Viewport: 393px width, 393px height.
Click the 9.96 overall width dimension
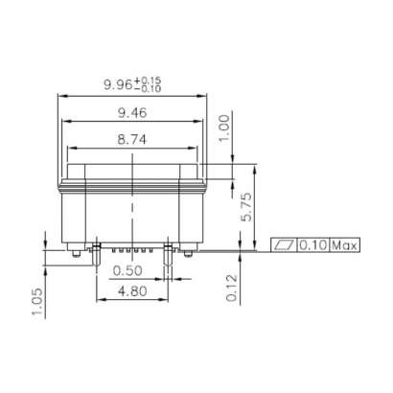point(119,86)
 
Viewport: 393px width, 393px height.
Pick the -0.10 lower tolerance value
point(150,90)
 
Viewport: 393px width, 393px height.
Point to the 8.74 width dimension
point(133,140)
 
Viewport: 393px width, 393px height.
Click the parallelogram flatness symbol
point(284,245)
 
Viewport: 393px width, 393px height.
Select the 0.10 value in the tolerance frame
point(312,245)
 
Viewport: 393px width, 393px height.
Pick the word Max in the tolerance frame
point(345,245)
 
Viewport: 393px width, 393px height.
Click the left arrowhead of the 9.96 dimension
point(62,96)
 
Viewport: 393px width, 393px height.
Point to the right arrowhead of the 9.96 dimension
point(207,96)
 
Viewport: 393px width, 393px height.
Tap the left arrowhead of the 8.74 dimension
point(70,148)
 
